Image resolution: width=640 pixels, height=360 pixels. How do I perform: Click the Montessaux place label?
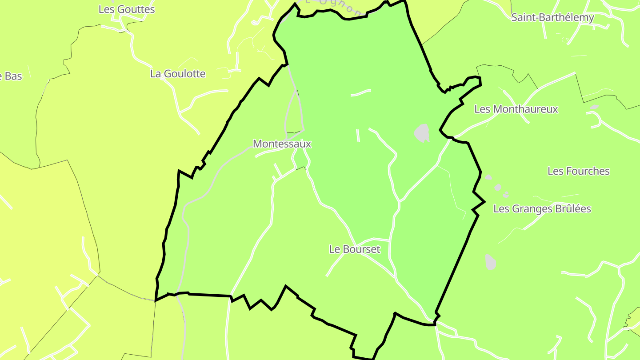click(x=282, y=144)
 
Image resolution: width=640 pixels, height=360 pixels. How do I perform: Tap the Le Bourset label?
click(x=355, y=249)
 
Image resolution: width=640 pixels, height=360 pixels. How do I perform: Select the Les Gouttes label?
click(x=127, y=9)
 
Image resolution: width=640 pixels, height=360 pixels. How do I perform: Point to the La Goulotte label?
click(x=178, y=74)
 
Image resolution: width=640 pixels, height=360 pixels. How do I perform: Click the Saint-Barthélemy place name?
click(x=552, y=18)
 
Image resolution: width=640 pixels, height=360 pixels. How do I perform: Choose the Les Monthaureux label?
click(x=516, y=109)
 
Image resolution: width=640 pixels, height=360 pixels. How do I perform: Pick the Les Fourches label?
click(x=579, y=171)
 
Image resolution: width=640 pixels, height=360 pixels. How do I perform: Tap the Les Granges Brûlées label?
click(x=542, y=209)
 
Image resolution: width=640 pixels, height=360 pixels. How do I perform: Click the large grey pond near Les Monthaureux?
click(x=422, y=133)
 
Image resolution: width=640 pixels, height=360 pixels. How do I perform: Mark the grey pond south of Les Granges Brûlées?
click(x=490, y=262)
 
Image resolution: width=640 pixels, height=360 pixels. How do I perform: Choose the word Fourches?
click(x=586, y=171)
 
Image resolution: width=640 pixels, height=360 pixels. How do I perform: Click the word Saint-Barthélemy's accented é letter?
click(x=561, y=18)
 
